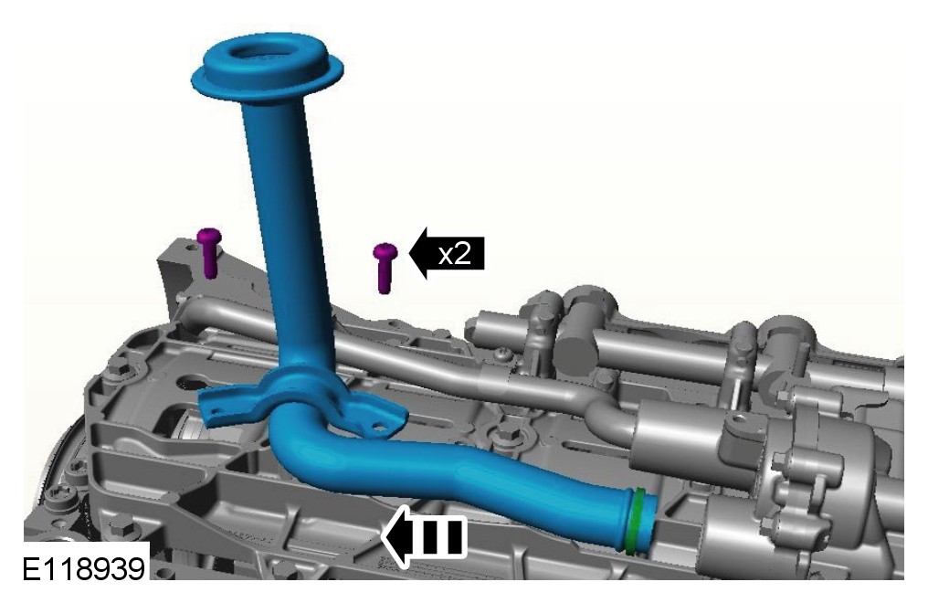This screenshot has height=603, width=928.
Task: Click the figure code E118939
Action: click(x=83, y=569)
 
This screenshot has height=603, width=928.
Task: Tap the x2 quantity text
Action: click(x=455, y=254)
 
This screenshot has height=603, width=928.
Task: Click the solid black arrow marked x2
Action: click(x=447, y=254)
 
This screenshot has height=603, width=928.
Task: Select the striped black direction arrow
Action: click(x=423, y=536)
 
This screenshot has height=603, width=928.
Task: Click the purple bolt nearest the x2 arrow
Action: click(x=385, y=268)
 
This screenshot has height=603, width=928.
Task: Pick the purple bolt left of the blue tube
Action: click(x=209, y=252)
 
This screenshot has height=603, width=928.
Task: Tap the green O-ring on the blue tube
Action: click(x=637, y=522)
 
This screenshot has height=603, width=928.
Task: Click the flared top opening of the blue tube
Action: click(x=268, y=61)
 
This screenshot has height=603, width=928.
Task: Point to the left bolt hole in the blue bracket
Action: click(x=214, y=407)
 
